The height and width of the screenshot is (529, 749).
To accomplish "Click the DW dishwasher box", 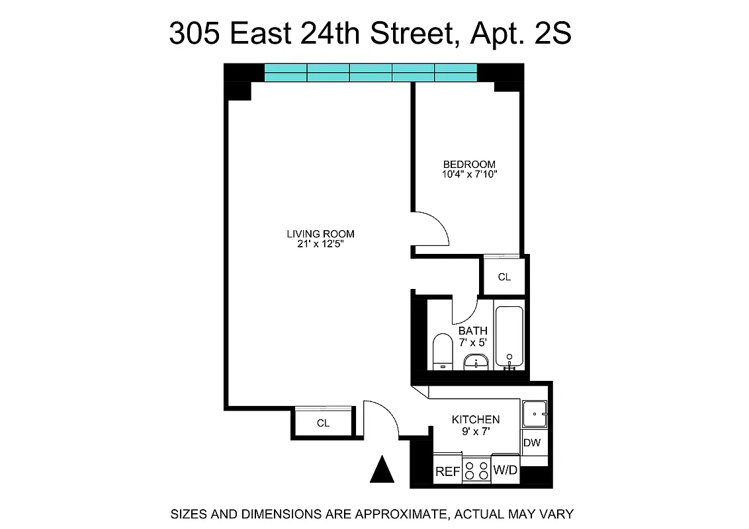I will coord(532,443).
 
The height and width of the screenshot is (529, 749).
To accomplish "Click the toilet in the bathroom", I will coord(441,352).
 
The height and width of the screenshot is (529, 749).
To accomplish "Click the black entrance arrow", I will coord(381,469).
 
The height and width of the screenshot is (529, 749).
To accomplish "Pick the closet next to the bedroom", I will coord(504,277).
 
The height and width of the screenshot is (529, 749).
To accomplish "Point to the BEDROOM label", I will coord(469,164).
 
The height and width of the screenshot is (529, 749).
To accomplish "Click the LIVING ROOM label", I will coord(320,233).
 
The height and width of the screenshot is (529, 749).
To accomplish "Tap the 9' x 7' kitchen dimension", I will coord(476,431).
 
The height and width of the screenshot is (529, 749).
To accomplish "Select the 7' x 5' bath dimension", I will coord(473,343).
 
